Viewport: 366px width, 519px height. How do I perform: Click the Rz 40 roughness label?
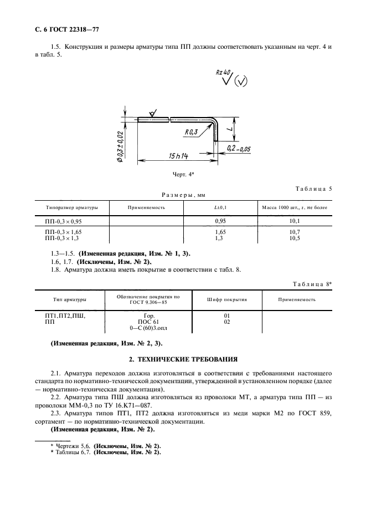[x=223, y=73]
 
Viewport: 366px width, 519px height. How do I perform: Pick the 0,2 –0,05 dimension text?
[x=239, y=148]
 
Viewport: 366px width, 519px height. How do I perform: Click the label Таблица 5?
[x=313, y=189]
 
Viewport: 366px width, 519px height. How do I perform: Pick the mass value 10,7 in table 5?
[x=295, y=232]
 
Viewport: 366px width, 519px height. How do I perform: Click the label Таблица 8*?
[x=312, y=284]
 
